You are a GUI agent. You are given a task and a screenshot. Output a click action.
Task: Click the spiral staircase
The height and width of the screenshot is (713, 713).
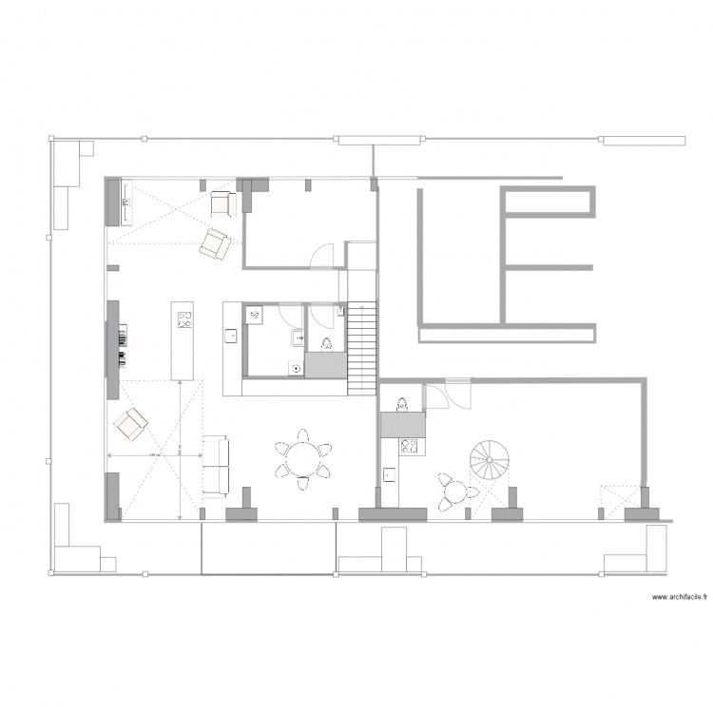point(491,461)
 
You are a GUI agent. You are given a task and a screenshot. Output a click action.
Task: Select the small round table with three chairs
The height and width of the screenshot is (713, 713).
point(455,491)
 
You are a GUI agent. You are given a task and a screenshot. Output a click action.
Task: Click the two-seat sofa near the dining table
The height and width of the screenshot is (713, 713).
point(217,467)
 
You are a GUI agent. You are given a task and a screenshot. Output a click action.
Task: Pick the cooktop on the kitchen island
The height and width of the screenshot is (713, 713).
point(184,319)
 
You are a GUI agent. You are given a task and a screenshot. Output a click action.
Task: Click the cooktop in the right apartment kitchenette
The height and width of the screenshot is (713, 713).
point(410,445)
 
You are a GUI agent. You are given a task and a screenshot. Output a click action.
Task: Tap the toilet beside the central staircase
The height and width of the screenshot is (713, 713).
point(326,342)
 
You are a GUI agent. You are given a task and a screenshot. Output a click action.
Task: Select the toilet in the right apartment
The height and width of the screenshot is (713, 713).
point(402,403)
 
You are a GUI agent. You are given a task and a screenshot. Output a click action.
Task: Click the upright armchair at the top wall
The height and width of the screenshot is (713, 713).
point(223,202)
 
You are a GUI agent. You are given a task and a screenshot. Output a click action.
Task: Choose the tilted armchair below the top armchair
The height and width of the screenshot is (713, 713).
point(215,244)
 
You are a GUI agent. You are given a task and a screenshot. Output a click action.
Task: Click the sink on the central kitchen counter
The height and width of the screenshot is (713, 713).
point(229,335)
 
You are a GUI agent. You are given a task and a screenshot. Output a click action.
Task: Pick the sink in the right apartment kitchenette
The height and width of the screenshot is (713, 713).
point(390,472)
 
